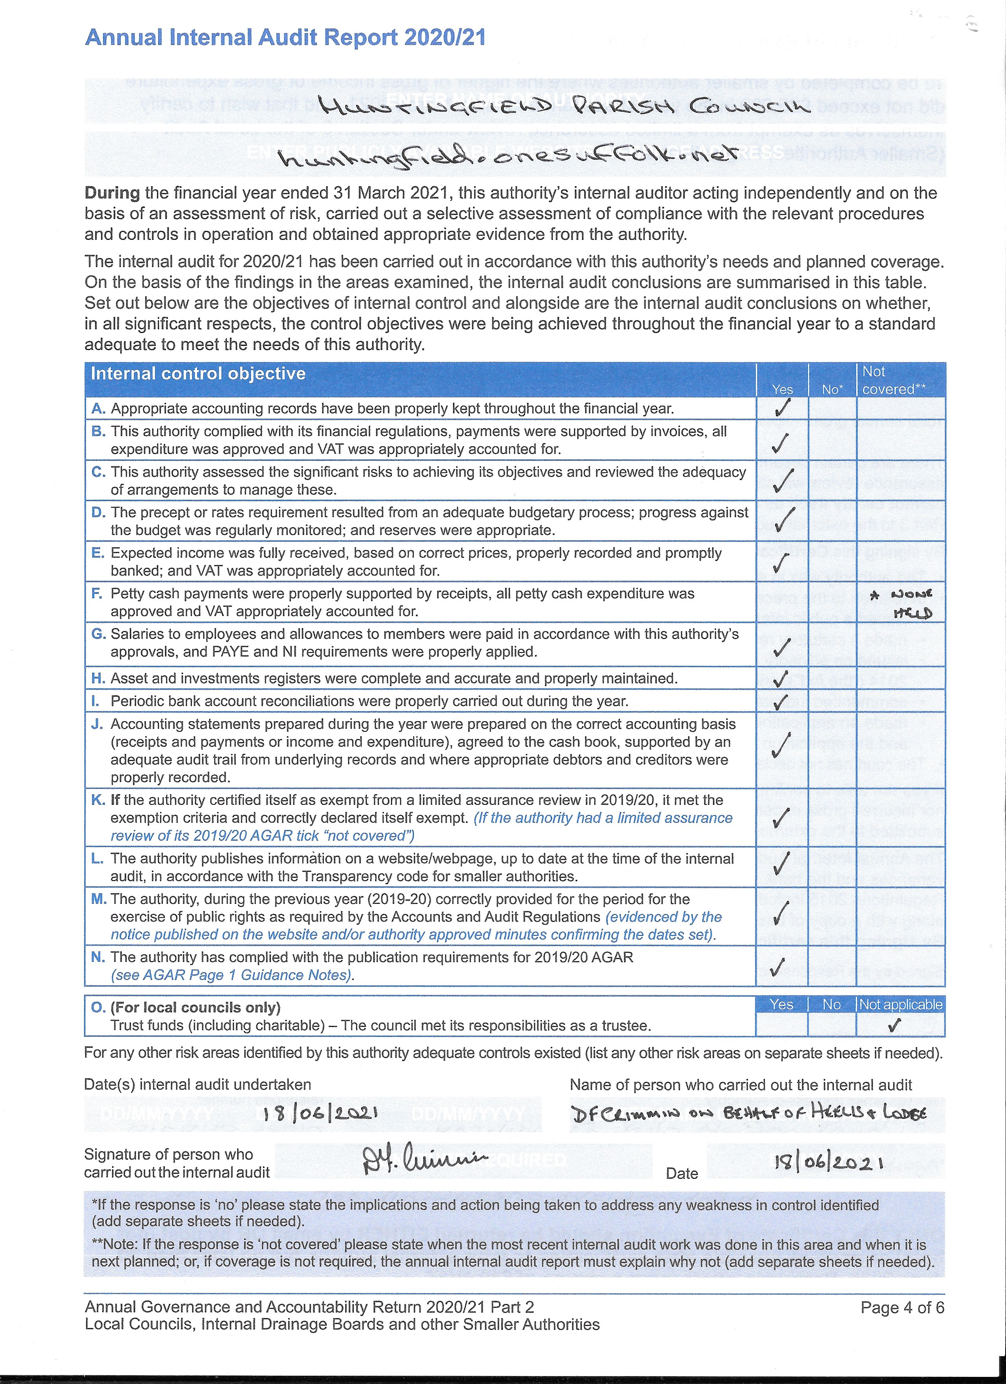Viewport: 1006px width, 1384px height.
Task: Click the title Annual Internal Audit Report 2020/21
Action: [285, 38]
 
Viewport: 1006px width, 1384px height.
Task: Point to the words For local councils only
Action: [195, 1008]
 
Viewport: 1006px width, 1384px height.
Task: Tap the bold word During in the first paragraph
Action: [112, 193]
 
